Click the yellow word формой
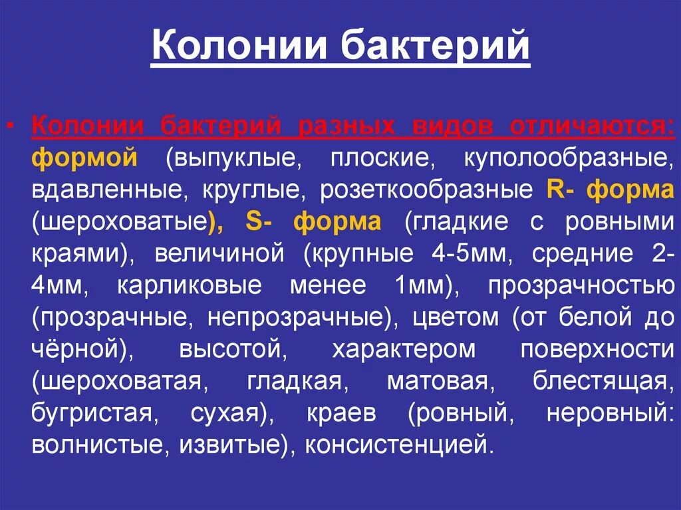84,158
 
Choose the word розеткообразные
426,190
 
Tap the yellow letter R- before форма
561,190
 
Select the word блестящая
599,381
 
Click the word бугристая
92,413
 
